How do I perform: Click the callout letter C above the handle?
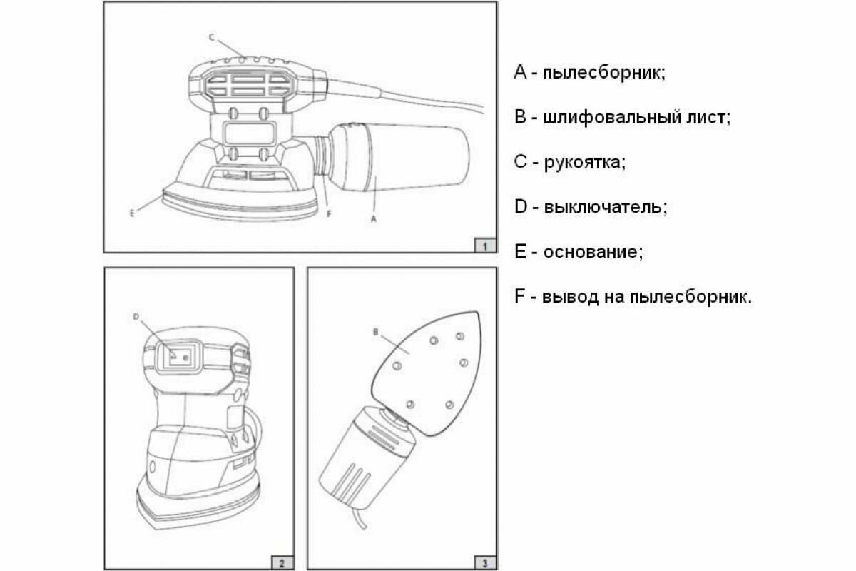click(211, 36)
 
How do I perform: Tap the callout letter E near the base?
click(133, 212)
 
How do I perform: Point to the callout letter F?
click(327, 212)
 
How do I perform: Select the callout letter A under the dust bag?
click(374, 221)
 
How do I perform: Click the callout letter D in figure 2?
click(136, 315)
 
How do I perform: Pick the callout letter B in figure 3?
click(374, 331)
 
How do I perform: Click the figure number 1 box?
click(484, 246)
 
